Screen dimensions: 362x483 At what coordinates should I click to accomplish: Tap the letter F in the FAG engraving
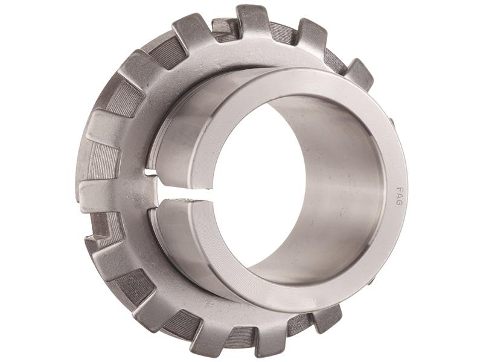point(399,188)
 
